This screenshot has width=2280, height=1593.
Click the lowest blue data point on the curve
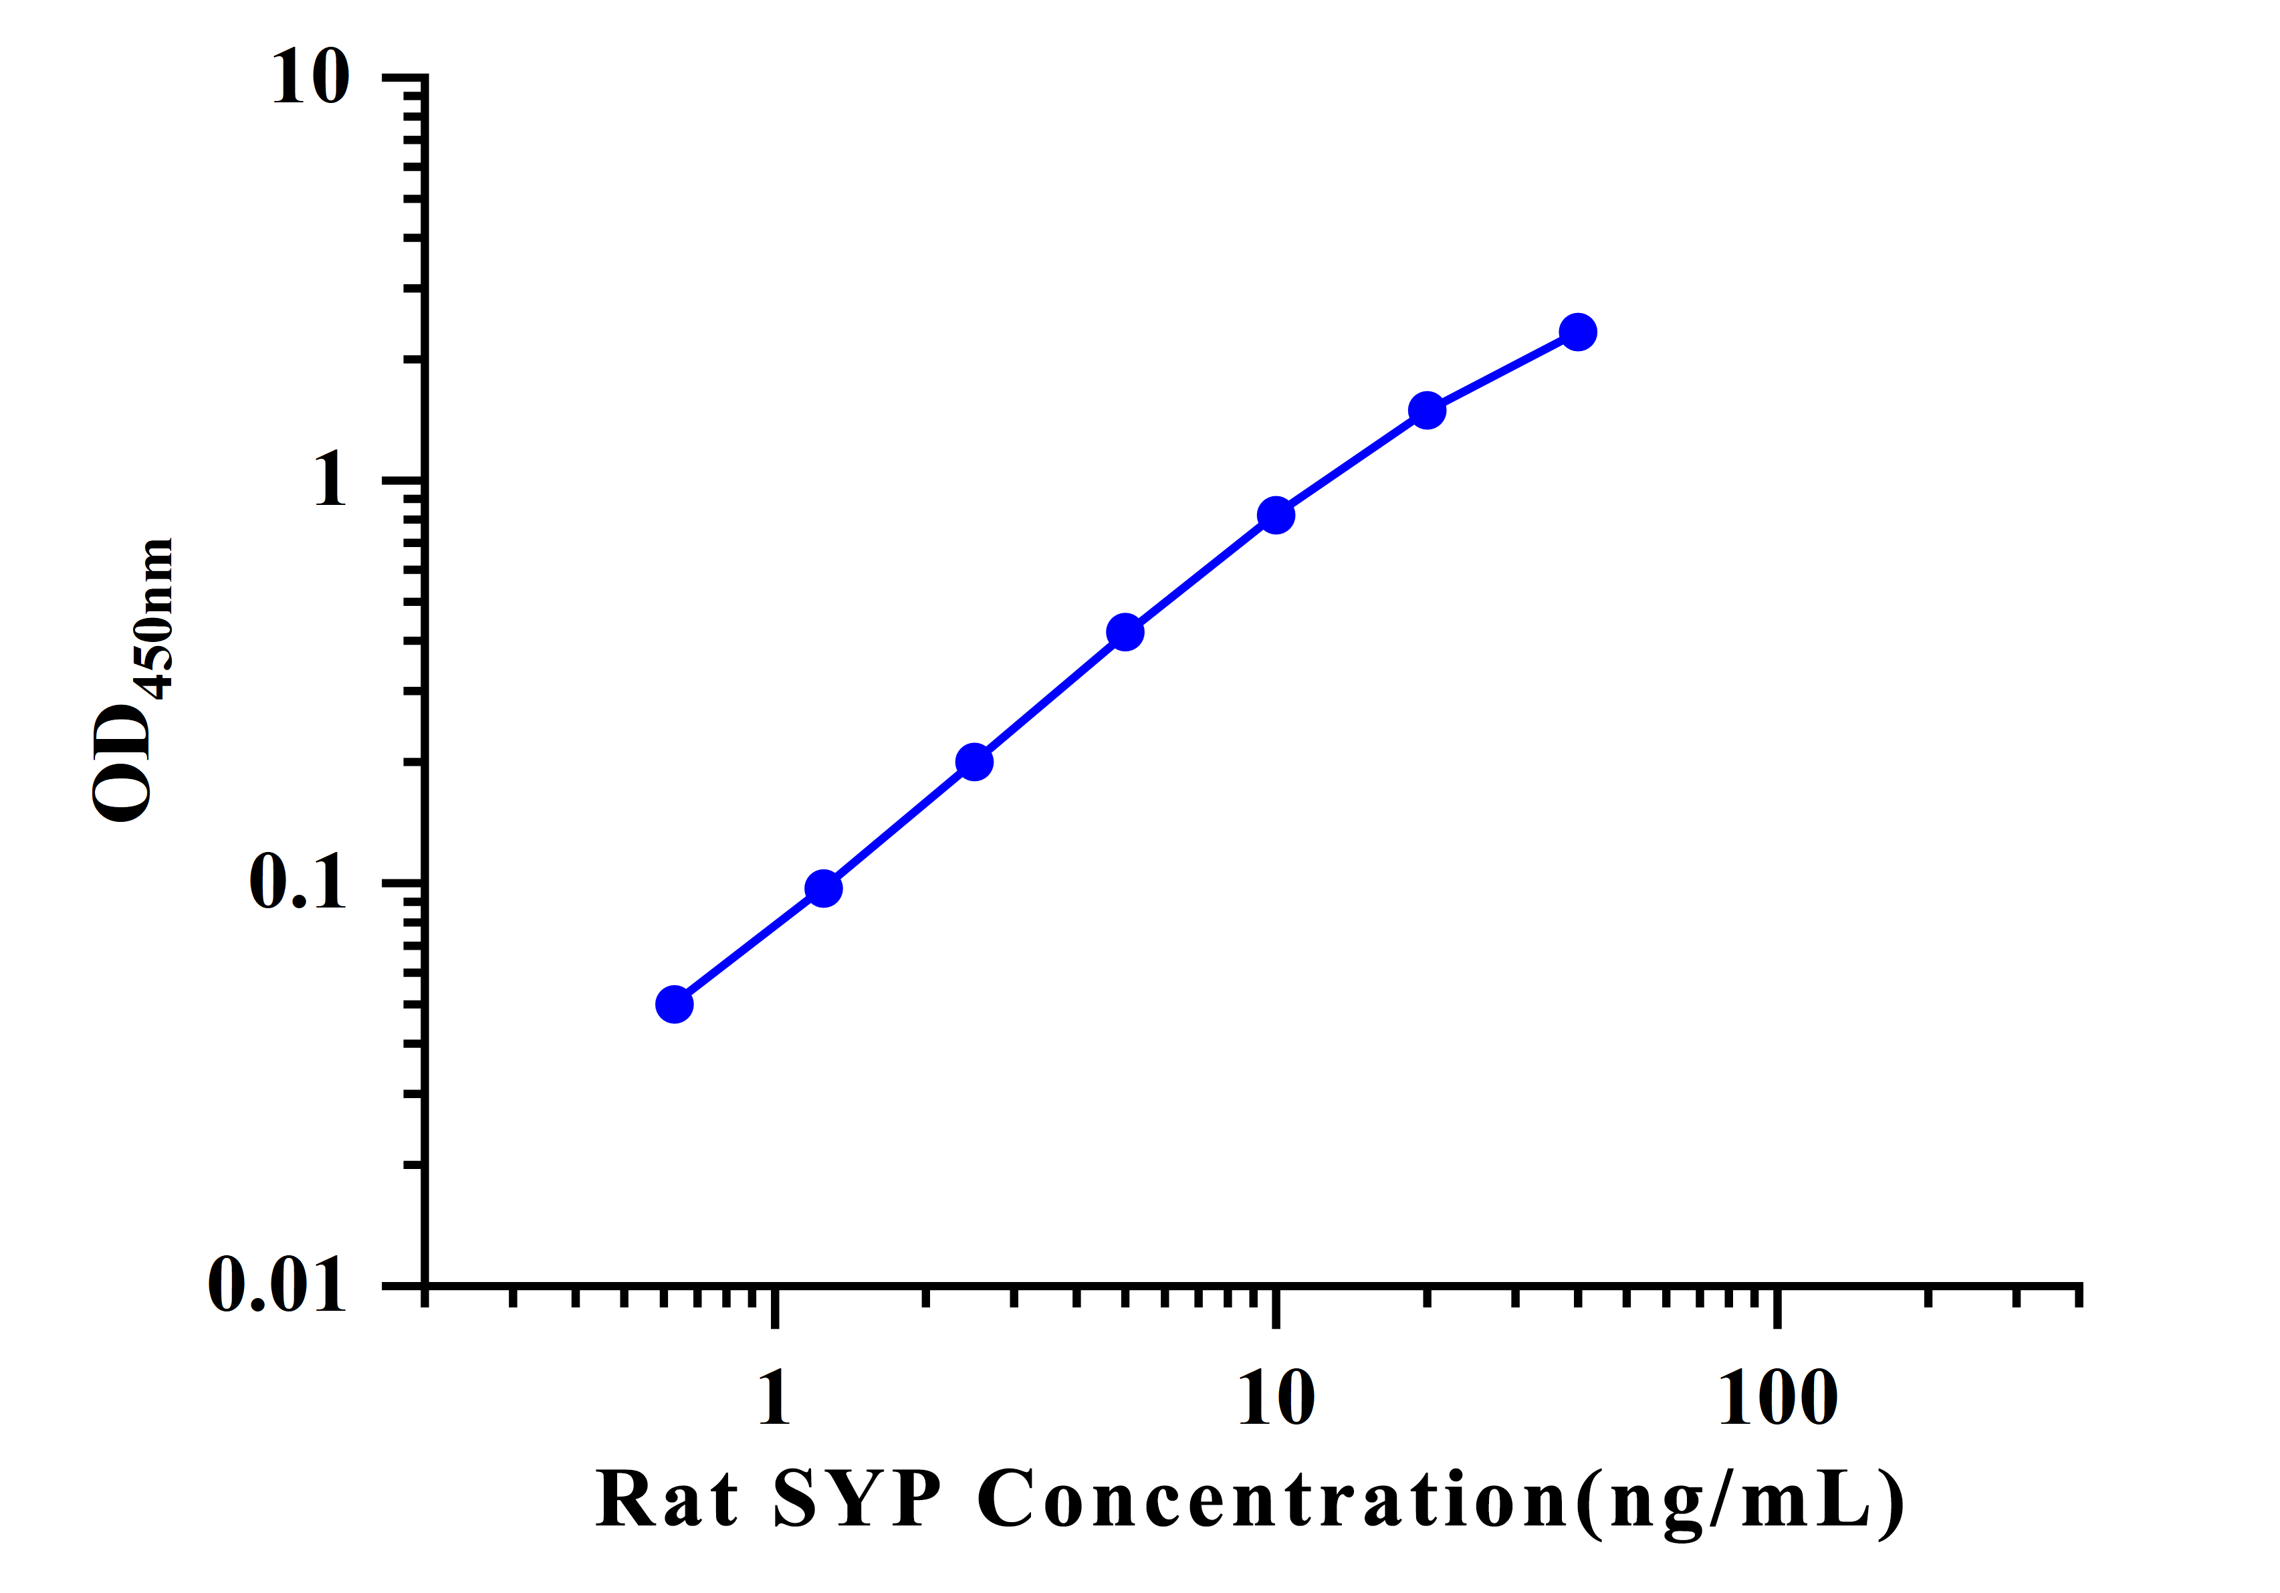tap(674, 1005)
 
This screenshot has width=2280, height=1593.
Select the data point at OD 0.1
tap(823, 888)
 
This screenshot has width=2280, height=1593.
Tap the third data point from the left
tap(974, 762)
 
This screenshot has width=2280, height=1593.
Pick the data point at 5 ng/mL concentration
tap(1125, 631)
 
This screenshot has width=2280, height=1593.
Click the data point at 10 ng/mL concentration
tap(1276, 516)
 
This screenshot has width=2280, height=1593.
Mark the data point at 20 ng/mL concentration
tap(1427, 410)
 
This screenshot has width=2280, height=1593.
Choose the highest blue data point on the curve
tap(1578, 332)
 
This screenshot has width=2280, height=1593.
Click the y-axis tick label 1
tap(332, 480)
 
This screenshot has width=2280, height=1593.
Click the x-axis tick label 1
tap(774, 1399)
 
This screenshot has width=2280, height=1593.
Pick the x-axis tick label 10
tap(1276, 1399)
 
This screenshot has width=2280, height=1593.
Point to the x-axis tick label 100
tap(1777, 1399)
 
